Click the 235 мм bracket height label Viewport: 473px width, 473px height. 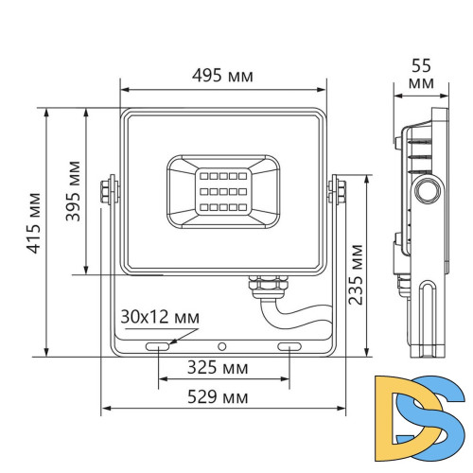[356, 274]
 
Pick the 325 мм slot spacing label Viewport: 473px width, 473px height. [223, 366]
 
